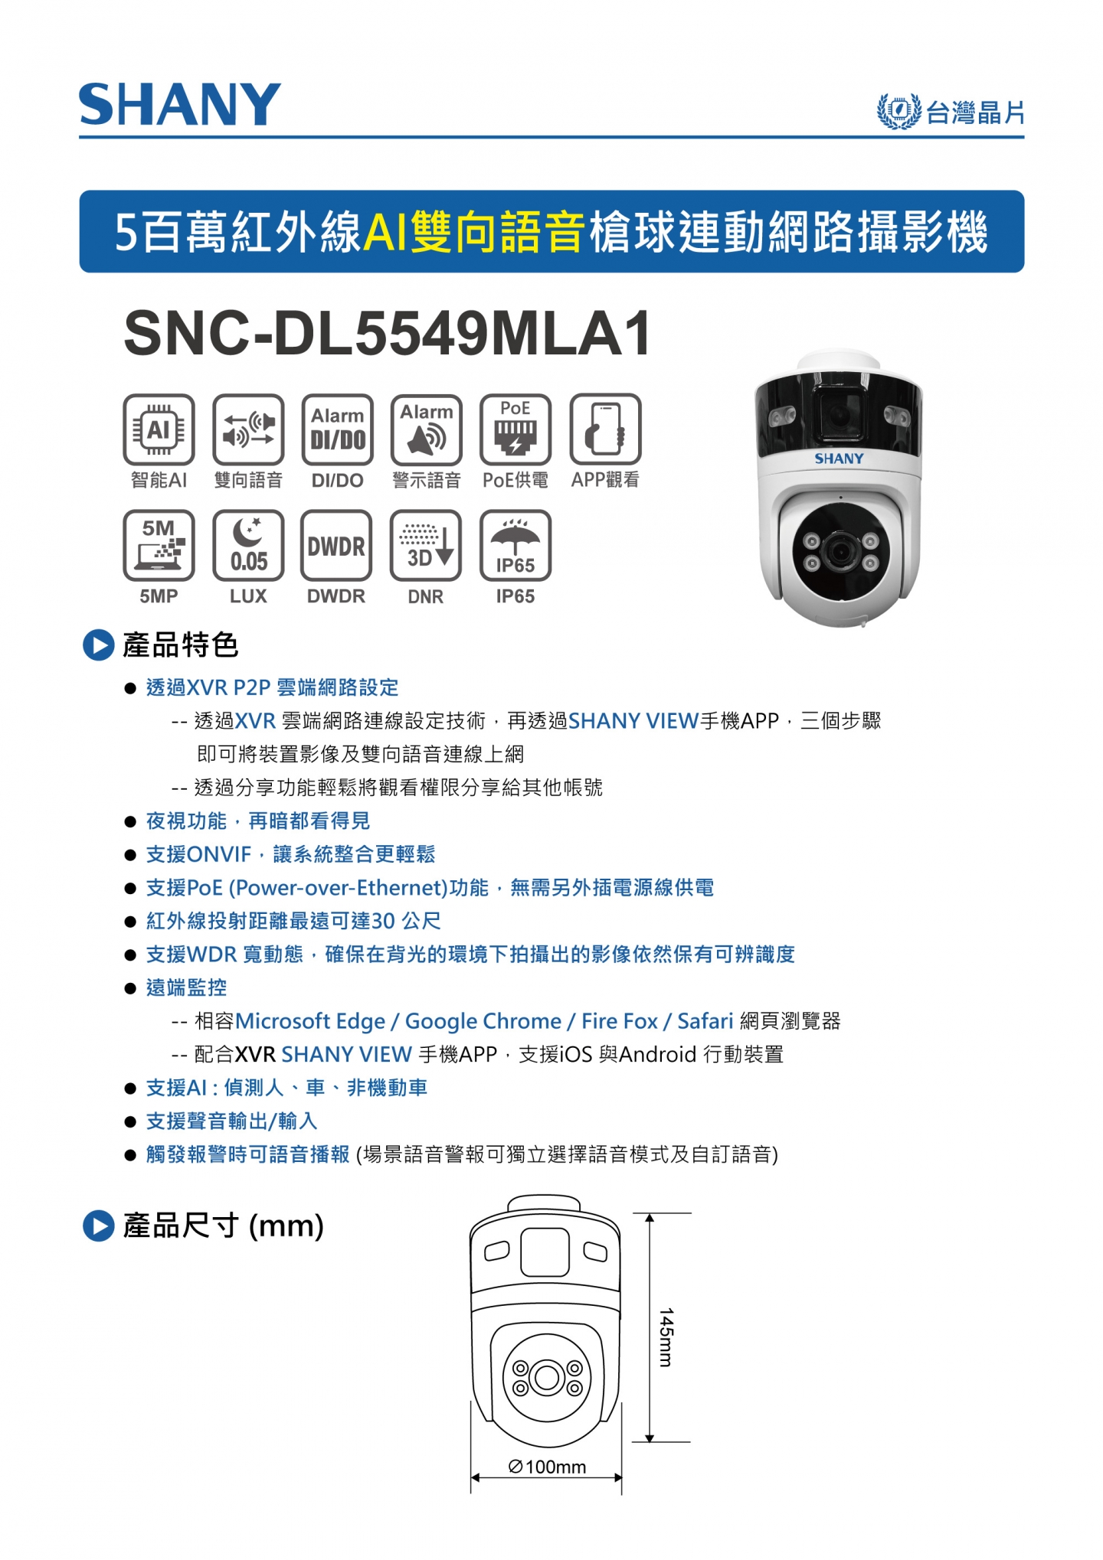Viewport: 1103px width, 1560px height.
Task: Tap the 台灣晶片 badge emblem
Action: (898, 112)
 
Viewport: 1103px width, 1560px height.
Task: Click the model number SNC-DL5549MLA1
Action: (388, 333)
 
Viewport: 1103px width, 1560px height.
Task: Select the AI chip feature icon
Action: (159, 429)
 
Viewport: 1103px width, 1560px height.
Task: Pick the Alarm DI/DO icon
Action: (338, 429)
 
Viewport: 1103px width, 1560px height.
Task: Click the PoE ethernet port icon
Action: (515, 429)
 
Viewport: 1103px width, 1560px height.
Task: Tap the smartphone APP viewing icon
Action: (605, 429)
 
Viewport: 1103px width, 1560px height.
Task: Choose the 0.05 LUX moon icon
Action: (248, 546)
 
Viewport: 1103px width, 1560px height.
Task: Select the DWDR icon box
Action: (337, 546)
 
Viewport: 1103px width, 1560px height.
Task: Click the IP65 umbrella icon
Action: (515, 546)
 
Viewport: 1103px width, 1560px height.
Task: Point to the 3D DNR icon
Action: (426, 546)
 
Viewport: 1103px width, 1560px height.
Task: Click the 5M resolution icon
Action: (159, 546)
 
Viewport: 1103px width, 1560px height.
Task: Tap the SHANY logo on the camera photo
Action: (839, 459)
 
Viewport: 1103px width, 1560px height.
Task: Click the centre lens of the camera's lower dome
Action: (840, 552)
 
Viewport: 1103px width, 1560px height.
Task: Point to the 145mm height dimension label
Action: (666, 1337)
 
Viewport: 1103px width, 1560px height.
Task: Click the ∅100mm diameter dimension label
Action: (547, 1467)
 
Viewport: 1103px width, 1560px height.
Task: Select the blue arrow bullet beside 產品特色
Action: (98, 645)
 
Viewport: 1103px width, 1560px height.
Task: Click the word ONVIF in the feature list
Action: (219, 854)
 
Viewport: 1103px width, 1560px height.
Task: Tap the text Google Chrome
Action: (483, 1021)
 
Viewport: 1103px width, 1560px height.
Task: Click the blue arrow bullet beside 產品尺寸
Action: (98, 1225)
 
